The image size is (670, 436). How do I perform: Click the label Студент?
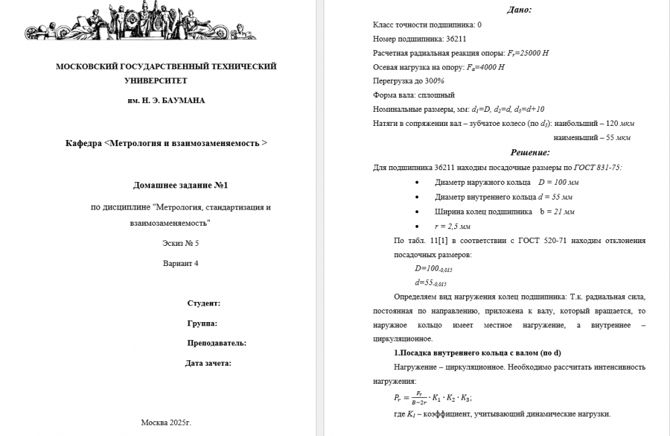(x=204, y=303)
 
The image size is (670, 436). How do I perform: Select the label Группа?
(x=202, y=323)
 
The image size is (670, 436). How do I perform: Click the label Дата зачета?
(x=208, y=363)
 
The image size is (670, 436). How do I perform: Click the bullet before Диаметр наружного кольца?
(x=418, y=183)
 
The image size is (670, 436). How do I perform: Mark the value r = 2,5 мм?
(x=453, y=226)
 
